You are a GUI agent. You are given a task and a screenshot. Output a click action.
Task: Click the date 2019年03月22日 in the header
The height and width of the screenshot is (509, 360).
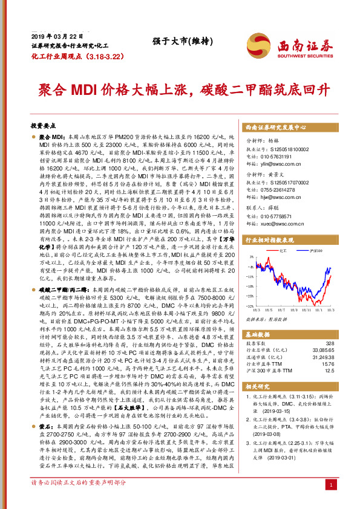(x=50, y=36)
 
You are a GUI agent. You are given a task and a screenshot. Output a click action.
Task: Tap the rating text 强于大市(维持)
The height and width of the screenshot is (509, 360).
(x=177, y=41)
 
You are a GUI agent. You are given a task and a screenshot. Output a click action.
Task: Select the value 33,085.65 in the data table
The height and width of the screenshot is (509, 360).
(x=321, y=349)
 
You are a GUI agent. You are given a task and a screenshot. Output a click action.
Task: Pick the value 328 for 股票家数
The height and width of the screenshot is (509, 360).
(x=330, y=342)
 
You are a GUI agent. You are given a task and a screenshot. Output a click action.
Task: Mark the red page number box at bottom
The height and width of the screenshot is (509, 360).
(x=330, y=502)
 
